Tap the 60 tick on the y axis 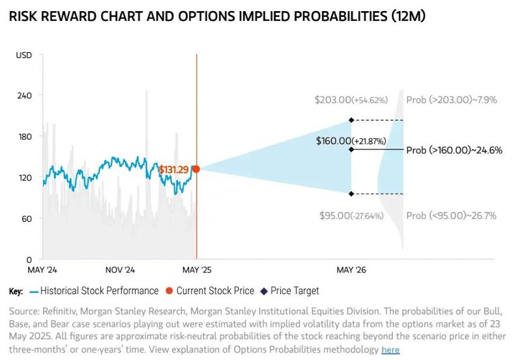coord(27,218)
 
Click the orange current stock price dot coord(196,169)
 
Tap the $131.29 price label coord(173,170)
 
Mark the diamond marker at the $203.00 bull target coord(351,119)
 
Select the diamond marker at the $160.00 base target coord(351,149)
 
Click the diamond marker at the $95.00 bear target coord(351,194)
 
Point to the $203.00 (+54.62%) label coord(351,100)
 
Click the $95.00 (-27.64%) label coord(352,215)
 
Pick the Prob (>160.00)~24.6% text coord(454,150)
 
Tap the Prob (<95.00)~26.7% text coord(451,215)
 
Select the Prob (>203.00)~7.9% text coord(451,100)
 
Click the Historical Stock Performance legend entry coord(98,291)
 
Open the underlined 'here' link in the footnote coord(390,350)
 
